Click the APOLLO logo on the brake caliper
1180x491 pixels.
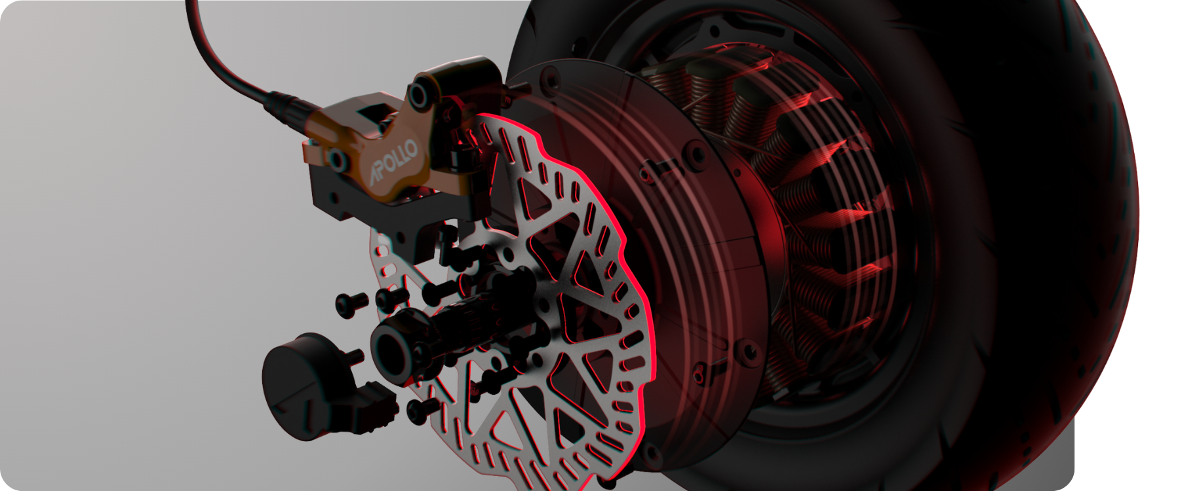pos(393,163)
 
